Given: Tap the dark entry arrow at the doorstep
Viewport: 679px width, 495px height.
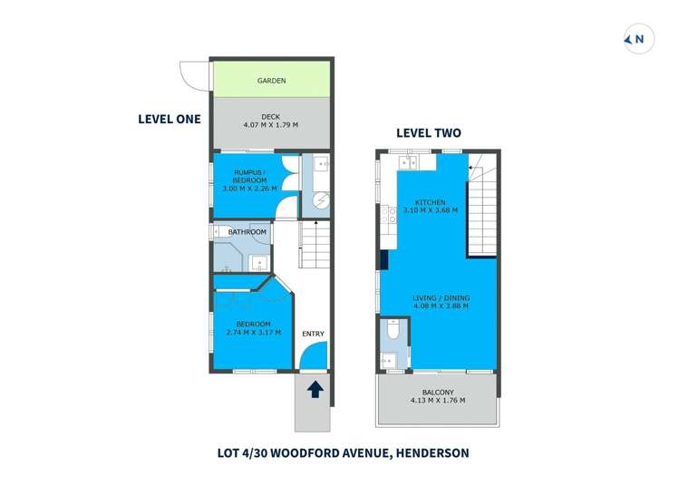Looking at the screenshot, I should (315, 390).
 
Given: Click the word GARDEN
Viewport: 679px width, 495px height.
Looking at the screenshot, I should (271, 81).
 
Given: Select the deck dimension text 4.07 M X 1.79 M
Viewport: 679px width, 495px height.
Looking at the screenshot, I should (271, 124).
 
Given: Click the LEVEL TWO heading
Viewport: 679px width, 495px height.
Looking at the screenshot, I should (428, 132).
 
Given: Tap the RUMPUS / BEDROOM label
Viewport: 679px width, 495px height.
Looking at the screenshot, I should (247, 176).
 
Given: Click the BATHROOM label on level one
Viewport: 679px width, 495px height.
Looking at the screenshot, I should (247, 232).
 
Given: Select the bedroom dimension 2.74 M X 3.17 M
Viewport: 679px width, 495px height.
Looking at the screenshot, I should (253, 333).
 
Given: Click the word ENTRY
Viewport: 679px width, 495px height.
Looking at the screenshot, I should (313, 334).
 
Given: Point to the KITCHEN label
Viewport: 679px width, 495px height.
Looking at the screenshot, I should (430, 201).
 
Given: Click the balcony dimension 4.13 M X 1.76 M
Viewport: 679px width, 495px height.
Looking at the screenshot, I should (437, 400).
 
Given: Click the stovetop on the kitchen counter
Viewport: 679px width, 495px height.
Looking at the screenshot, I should (391, 215).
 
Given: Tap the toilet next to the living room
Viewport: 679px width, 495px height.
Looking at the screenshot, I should (392, 336).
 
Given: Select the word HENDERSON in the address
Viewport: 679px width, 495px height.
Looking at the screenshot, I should (431, 452).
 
